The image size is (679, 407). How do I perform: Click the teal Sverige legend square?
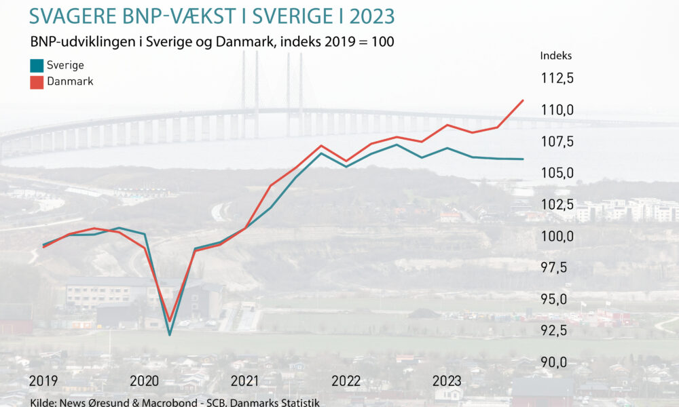pos(37,66)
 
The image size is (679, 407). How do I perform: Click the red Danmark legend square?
pos(37,81)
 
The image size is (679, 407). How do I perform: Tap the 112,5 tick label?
pos(557,79)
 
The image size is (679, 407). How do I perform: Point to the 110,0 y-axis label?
pos(557,110)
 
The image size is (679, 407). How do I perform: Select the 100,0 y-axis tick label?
pos(557,236)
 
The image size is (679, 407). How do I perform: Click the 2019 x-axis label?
pos(43,381)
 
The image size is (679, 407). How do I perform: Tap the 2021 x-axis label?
pos(244,381)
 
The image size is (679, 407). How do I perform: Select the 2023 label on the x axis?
pos(447,381)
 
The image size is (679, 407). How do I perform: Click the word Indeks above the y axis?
pos(556,56)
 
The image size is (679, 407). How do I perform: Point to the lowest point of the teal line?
pos(169,334)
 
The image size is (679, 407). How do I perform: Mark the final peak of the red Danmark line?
pos(523,100)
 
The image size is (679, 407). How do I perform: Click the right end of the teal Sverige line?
pos(523,159)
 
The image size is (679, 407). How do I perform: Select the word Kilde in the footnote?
pos(43,403)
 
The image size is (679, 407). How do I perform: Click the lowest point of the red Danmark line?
pos(169,321)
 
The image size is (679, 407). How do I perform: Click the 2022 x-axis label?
pos(346,381)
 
